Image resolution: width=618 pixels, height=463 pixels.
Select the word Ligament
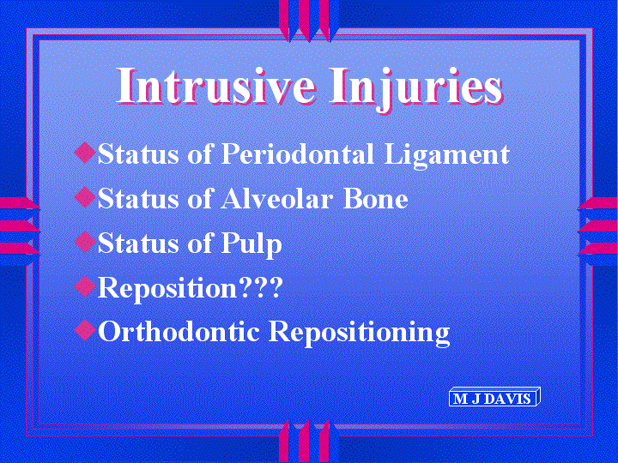pos(447,155)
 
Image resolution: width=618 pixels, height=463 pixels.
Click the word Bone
pos(376,198)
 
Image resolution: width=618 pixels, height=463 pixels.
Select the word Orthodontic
pos(179,331)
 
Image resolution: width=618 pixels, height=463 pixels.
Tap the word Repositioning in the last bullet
pos(360,333)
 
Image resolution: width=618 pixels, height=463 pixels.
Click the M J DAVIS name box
pos(494,397)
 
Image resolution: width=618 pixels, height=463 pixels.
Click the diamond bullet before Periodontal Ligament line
pos(85,153)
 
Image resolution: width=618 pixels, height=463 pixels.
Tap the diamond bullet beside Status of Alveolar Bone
pos(85,197)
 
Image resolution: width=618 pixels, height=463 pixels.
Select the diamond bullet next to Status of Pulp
pos(85,241)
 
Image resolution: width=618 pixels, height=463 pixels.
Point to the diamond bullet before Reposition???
pos(85,286)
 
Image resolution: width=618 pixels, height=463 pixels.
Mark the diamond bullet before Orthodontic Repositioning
pos(85,329)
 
